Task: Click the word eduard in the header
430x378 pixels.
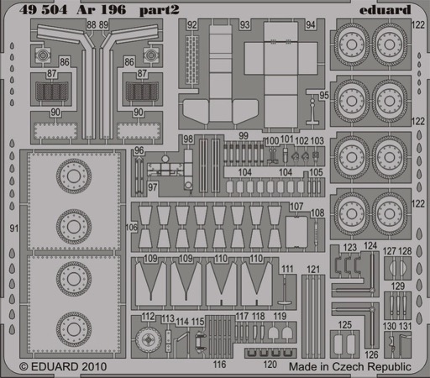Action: [x=385, y=10]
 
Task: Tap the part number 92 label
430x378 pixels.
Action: [x=191, y=25]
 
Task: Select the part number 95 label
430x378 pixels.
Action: [x=324, y=95]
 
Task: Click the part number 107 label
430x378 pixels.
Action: [x=296, y=207]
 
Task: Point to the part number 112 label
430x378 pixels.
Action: [x=149, y=317]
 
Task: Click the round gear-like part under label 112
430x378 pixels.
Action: [x=148, y=339]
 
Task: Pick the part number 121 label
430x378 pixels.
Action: [x=313, y=270]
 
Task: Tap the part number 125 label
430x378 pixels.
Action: [x=344, y=325]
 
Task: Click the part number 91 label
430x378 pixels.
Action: [x=14, y=228]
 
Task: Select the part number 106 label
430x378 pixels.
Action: [x=131, y=227]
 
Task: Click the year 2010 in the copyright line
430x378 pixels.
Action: [x=94, y=366]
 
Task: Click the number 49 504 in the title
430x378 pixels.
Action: [x=44, y=10]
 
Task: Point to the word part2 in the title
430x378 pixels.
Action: [x=159, y=11]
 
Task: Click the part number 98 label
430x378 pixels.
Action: [x=188, y=139]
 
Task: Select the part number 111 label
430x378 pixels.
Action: [x=287, y=269]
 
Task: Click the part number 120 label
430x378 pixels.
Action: [x=270, y=365]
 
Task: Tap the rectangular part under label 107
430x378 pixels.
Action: [x=296, y=232]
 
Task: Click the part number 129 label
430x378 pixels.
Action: [x=398, y=286]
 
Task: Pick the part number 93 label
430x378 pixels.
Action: [x=244, y=25]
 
